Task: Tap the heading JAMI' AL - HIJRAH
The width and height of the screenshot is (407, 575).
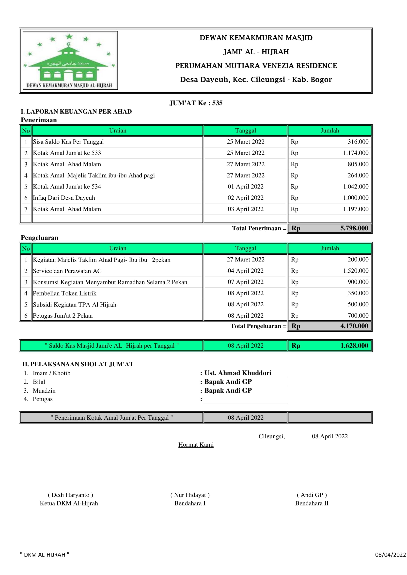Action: tap(256, 52)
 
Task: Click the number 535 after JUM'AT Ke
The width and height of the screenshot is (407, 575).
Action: tap(217, 103)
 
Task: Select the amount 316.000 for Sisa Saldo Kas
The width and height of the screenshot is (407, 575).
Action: tap(358, 142)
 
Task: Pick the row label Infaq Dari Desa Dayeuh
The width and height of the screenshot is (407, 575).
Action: tap(64, 198)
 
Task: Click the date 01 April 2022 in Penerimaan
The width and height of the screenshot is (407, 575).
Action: tap(245, 187)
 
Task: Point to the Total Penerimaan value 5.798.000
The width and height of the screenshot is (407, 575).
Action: tap(354, 228)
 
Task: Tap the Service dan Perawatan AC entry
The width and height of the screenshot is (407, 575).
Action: tap(67, 271)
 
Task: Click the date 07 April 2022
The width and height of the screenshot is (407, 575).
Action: tap(245, 282)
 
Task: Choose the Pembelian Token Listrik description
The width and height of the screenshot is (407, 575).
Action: tap(64, 293)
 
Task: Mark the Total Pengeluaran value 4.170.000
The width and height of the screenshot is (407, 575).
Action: tap(354, 326)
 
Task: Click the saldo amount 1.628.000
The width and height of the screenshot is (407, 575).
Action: tap(354, 346)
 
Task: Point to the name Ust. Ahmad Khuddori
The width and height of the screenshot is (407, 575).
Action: tap(238, 373)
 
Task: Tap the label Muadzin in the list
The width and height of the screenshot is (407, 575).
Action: tap(44, 391)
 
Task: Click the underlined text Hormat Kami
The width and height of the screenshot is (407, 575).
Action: tap(196, 445)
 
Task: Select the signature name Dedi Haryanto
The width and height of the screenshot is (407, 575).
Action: tap(70, 495)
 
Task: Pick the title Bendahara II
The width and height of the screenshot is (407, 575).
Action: tap(312, 503)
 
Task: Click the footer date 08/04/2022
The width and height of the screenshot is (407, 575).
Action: tap(390, 555)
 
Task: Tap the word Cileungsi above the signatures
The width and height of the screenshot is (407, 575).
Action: tap(271, 437)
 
